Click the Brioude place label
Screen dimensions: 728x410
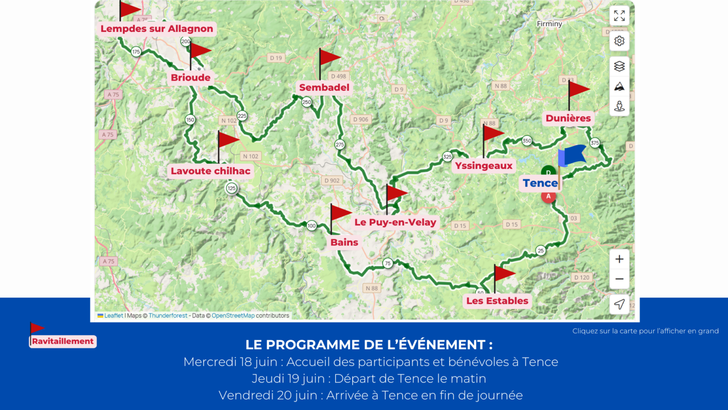click(191, 77)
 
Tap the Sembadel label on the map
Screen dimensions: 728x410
click(324, 87)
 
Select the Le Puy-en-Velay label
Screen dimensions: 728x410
click(395, 222)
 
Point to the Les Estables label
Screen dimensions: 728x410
click(497, 300)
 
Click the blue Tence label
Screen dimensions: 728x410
click(540, 183)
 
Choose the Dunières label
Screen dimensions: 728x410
click(568, 118)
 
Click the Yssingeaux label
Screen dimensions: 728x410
click(484, 166)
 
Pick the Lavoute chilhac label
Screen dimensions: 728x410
click(210, 171)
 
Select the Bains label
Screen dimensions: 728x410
click(344, 242)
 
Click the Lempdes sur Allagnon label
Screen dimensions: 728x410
click(157, 28)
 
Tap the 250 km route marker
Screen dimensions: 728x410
click(307, 102)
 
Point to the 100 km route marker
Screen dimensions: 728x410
click(311, 226)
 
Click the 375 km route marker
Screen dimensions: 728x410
click(595, 143)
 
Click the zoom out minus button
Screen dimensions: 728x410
click(619, 279)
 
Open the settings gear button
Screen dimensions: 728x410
click(619, 41)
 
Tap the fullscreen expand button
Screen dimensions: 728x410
click(619, 16)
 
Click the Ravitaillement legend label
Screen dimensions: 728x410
click(63, 341)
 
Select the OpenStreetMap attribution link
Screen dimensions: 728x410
click(233, 316)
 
